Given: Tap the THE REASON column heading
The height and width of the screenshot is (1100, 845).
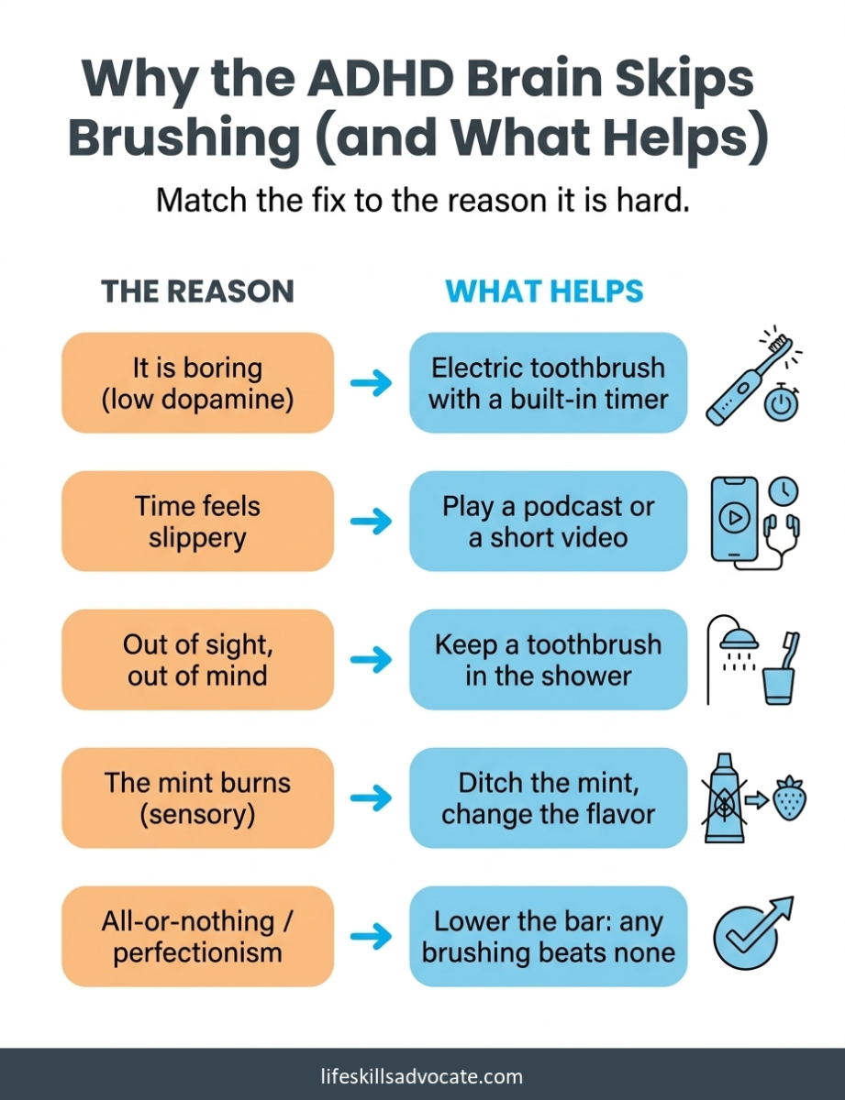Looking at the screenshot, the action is (197, 291).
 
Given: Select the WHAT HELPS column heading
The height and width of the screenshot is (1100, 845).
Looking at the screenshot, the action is (544, 291).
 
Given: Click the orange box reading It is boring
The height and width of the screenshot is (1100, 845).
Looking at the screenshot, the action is (197, 382).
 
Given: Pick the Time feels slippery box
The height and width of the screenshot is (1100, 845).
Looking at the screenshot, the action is (197, 522).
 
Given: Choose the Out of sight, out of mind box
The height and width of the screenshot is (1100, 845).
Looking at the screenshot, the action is (197, 660).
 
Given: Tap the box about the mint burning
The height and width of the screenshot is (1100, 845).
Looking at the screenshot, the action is (197, 798).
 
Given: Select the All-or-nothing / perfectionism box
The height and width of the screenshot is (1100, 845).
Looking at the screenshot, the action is (197, 937).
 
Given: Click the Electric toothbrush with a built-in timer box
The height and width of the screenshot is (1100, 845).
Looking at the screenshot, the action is (548, 382).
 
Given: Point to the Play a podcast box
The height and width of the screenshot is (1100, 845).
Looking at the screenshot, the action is (548, 522).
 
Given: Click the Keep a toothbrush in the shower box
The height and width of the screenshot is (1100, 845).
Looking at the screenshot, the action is (548, 660).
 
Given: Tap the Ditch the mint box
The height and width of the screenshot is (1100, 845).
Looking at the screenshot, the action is (548, 798).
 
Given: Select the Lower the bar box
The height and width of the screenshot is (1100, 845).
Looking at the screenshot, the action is (548, 937).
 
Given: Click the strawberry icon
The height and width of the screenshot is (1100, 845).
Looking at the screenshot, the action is (789, 798).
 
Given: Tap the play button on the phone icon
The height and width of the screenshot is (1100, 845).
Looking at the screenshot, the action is (734, 518).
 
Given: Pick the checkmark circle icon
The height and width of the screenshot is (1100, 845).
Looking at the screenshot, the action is (745, 938).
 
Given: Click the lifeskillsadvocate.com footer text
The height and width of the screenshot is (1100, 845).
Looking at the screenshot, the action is (422, 1076).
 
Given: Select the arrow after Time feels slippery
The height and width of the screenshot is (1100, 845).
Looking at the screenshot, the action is (371, 522).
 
